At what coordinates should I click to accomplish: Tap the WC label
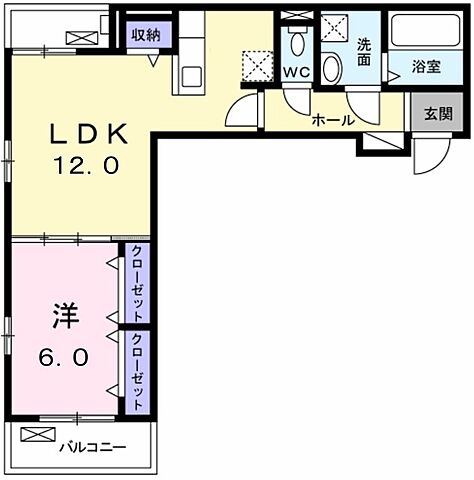(x=296, y=72)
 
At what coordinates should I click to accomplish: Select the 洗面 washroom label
(x=365, y=52)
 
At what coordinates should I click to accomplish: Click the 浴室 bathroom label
(x=427, y=67)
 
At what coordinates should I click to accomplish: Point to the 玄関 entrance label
(x=437, y=112)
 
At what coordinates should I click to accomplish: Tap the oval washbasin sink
(x=332, y=66)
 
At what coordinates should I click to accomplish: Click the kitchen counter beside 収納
(x=189, y=60)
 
